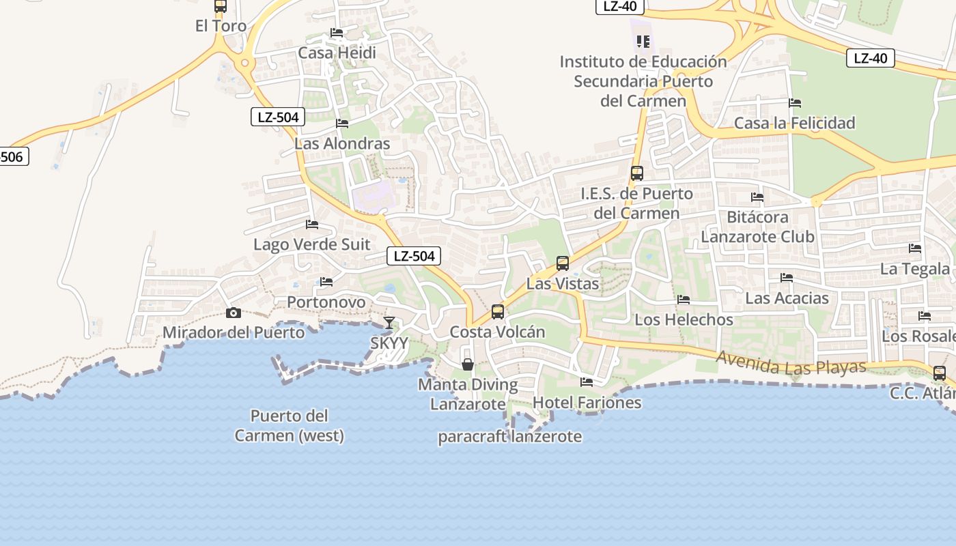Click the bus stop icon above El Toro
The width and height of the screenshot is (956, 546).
[x=220, y=6]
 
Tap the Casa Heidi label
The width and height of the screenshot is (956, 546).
[x=337, y=53]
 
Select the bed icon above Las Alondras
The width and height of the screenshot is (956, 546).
[x=342, y=124]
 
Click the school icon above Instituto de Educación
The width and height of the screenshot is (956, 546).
[x=643, y=42]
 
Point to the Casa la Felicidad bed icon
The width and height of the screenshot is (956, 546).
[x=795, y=103]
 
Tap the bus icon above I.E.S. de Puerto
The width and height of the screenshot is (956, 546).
[x=636, y=173]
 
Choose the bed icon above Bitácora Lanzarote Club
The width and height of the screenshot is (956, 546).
[x=757, y=197]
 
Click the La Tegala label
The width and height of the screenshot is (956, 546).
[x=914, y=269]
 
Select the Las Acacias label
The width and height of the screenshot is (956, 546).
[x=787, y=298]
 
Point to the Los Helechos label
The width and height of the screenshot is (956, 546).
[x=684, y=319]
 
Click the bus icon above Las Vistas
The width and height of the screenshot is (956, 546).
[x=563, y=263]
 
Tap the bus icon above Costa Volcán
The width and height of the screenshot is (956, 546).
[x=498, y=312]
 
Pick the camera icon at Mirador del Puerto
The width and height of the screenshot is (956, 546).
[x=234, y=313]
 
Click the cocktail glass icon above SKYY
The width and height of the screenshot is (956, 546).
[x=389, y=323]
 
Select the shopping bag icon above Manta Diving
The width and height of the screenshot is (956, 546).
[x=468, y=364]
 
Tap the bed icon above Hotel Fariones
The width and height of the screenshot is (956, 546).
[x=587, y=382]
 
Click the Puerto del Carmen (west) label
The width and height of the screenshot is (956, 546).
[x=290, y=425]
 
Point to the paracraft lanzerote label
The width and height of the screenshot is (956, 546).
[x=510, y=436]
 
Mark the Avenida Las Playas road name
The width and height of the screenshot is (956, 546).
[x=791, y=362]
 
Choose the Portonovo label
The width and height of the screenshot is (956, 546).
[x=326, y=302]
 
